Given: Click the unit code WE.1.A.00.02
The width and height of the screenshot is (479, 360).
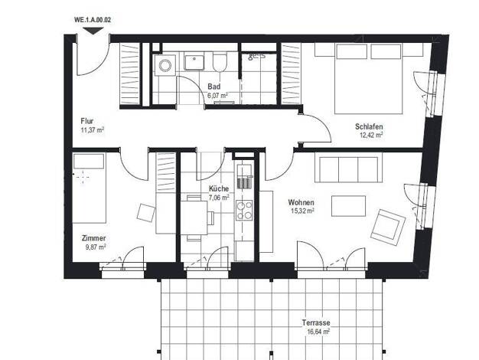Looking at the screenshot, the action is [x=93, y=20].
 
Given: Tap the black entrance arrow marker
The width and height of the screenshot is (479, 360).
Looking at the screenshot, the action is [x=93, y=31].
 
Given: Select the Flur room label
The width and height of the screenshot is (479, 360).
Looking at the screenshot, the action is [x=87, y=121].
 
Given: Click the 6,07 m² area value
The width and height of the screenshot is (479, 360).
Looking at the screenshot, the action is [x=218, y=96].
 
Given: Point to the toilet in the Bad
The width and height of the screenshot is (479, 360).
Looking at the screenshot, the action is [x=220, y=63].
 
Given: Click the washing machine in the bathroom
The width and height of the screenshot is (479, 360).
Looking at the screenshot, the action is [x=165, y=65].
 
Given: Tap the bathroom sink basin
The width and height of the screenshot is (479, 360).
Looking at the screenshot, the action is [x=194, y=62].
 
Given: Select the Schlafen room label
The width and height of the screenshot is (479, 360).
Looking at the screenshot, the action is [x=369, y=126].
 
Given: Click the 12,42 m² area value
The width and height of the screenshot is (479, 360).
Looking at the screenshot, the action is [x=371, y=135].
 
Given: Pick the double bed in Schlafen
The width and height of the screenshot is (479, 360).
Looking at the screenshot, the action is [x=369, y=78].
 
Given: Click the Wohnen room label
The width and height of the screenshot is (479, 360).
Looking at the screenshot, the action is [x=301, y=202].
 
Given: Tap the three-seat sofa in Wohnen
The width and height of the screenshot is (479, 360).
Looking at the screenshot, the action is [x=349, y=170].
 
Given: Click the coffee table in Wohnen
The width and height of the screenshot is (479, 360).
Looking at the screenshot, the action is [x=349, y=206].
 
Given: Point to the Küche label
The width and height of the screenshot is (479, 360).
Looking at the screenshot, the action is [x=219, y=188].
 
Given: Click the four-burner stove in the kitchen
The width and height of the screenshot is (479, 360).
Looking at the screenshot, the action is [x=244, y=210].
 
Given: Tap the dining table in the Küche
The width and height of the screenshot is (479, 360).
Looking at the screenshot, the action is [x=194, y=218].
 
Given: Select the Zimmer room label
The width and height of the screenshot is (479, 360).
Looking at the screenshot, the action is [x=94, y=238].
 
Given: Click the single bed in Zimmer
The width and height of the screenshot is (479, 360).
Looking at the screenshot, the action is [x=90, y=188].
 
